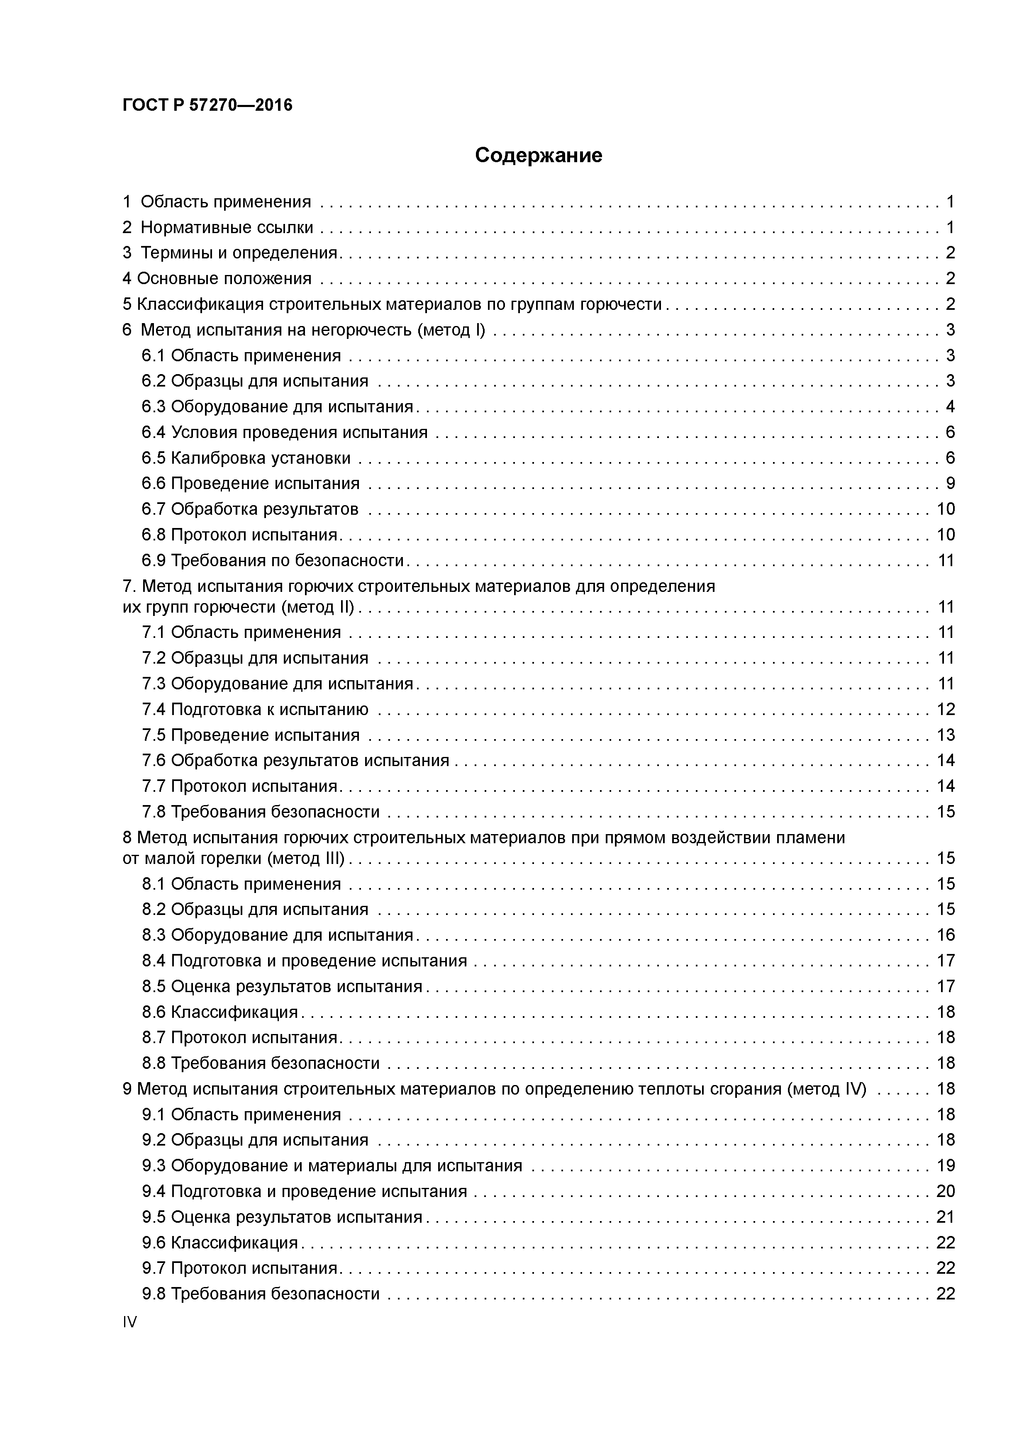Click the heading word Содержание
(538, 155)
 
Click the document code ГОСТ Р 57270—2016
(207, 105)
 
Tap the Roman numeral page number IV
(130, 1322)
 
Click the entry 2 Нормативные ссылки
(218, 228)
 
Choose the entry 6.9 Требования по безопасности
(273, 560)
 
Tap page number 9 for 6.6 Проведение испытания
(950, 484)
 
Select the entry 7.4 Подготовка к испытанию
(255, 709)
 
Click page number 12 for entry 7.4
(945, 709)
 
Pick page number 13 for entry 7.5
(945, 735)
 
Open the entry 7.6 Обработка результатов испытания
(295, 760)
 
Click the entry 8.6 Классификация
(220, 1012)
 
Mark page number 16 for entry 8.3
(945, 935)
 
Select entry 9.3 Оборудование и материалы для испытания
(332, 1165)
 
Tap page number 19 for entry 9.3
(945, 1165)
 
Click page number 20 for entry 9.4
(945, 1191)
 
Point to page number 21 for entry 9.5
(945, 1217)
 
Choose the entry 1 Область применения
(217, 202)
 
